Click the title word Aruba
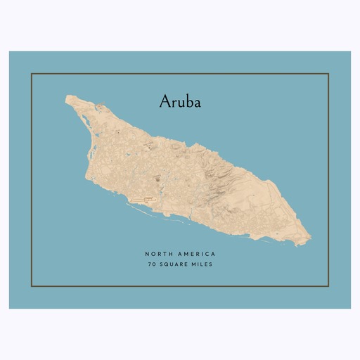point(180,102)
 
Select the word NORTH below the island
point(158,253)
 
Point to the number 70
point(151,264)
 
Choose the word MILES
point(202,264)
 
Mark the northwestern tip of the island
point(67,98)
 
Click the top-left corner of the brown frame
point(32,73)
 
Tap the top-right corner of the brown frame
point(328,73)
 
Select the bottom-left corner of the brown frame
point(32,286)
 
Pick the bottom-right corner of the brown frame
point(328,286)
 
